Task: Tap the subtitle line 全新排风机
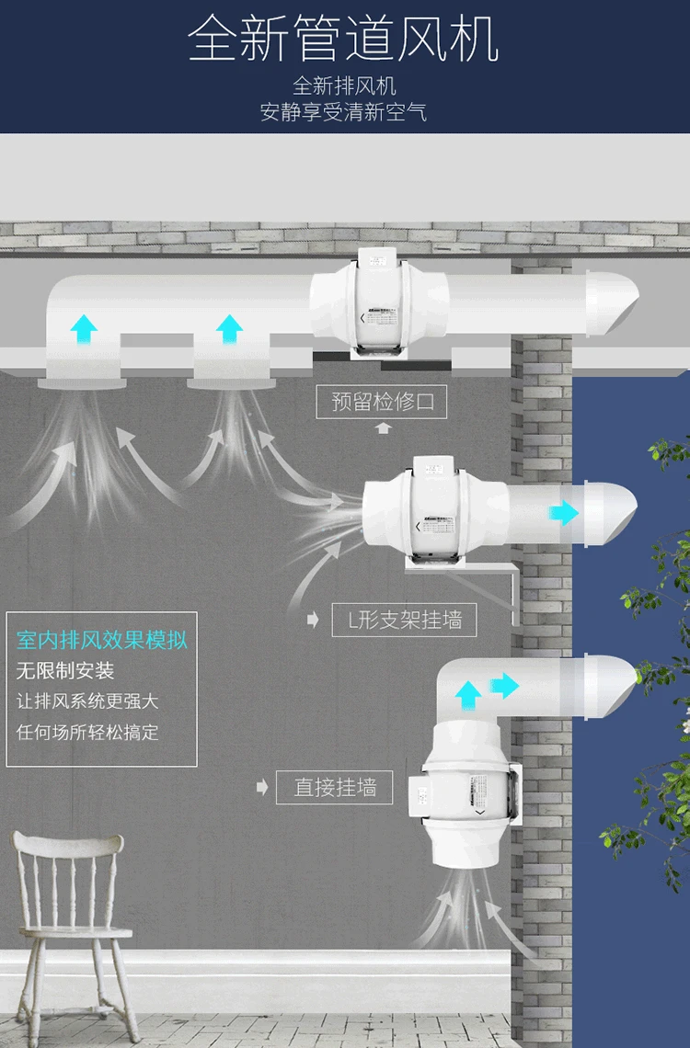coord(344,86)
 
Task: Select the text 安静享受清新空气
coord(344,113)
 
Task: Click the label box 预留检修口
coord(382,403)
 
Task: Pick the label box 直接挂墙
coord(335,788)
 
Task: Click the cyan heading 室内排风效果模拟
coord(102,640)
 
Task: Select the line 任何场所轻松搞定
coord(88,732)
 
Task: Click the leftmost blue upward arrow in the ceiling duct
coord(84,326)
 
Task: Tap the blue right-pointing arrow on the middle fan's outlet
coord(563,513)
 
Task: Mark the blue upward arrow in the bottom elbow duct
coord(468,693)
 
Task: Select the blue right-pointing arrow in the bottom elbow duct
coord(504,685)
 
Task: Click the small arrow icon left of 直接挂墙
coord(262,787)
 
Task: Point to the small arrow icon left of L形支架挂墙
coord(313,619)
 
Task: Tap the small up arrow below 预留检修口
coord(383,427)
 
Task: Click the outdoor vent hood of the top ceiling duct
coord(610,302)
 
